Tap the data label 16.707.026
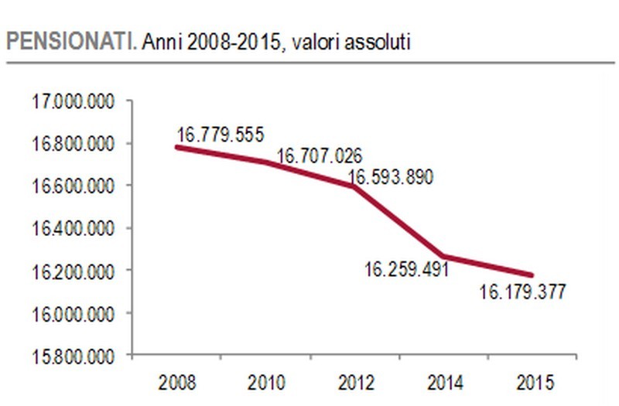click(x=319, y=155)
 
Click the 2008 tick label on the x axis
click(x=176, y=381)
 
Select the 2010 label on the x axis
click(x=265, y=381)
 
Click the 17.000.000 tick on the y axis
click(x=70, y=101)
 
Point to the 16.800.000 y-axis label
click(x=70, y=144)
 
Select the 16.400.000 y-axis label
click(x=70, y=229)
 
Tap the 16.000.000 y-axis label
click(x=70, y=313)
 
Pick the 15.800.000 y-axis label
click(x=70, y=356)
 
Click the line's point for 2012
click(x=354, y=186)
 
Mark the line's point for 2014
click(x=443, y=257)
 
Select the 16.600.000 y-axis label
click(x=70, y=186)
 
